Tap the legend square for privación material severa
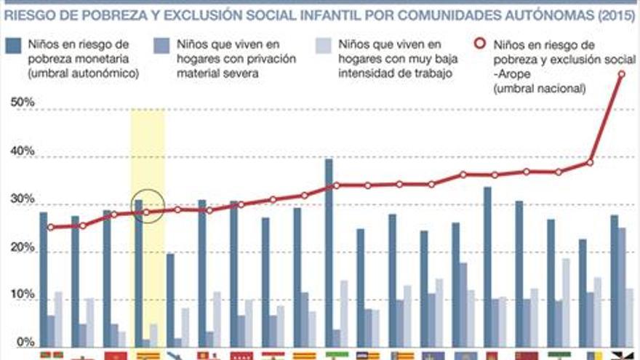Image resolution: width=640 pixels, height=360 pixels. click(x=159, y=46)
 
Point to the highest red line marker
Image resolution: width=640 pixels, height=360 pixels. click(x=622, y=73)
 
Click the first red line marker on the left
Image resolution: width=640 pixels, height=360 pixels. click(x=50, y=227)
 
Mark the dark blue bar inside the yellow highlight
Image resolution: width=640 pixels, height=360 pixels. click(x=138, y=273)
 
